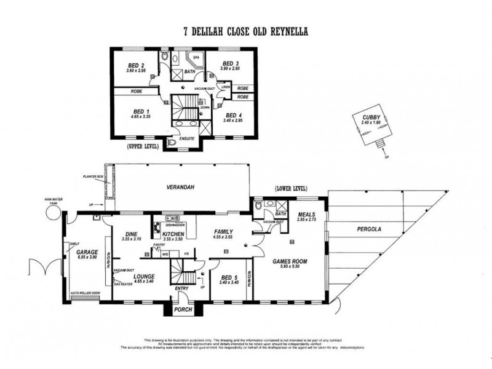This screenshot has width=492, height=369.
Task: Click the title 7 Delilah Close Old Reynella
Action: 245,31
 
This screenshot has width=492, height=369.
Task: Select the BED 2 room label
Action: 136,65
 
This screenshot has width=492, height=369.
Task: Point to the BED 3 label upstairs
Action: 230,64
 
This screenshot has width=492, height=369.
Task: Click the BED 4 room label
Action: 234,115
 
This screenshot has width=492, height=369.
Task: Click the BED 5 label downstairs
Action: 228,277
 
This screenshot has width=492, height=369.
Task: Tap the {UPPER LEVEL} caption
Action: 142,147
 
